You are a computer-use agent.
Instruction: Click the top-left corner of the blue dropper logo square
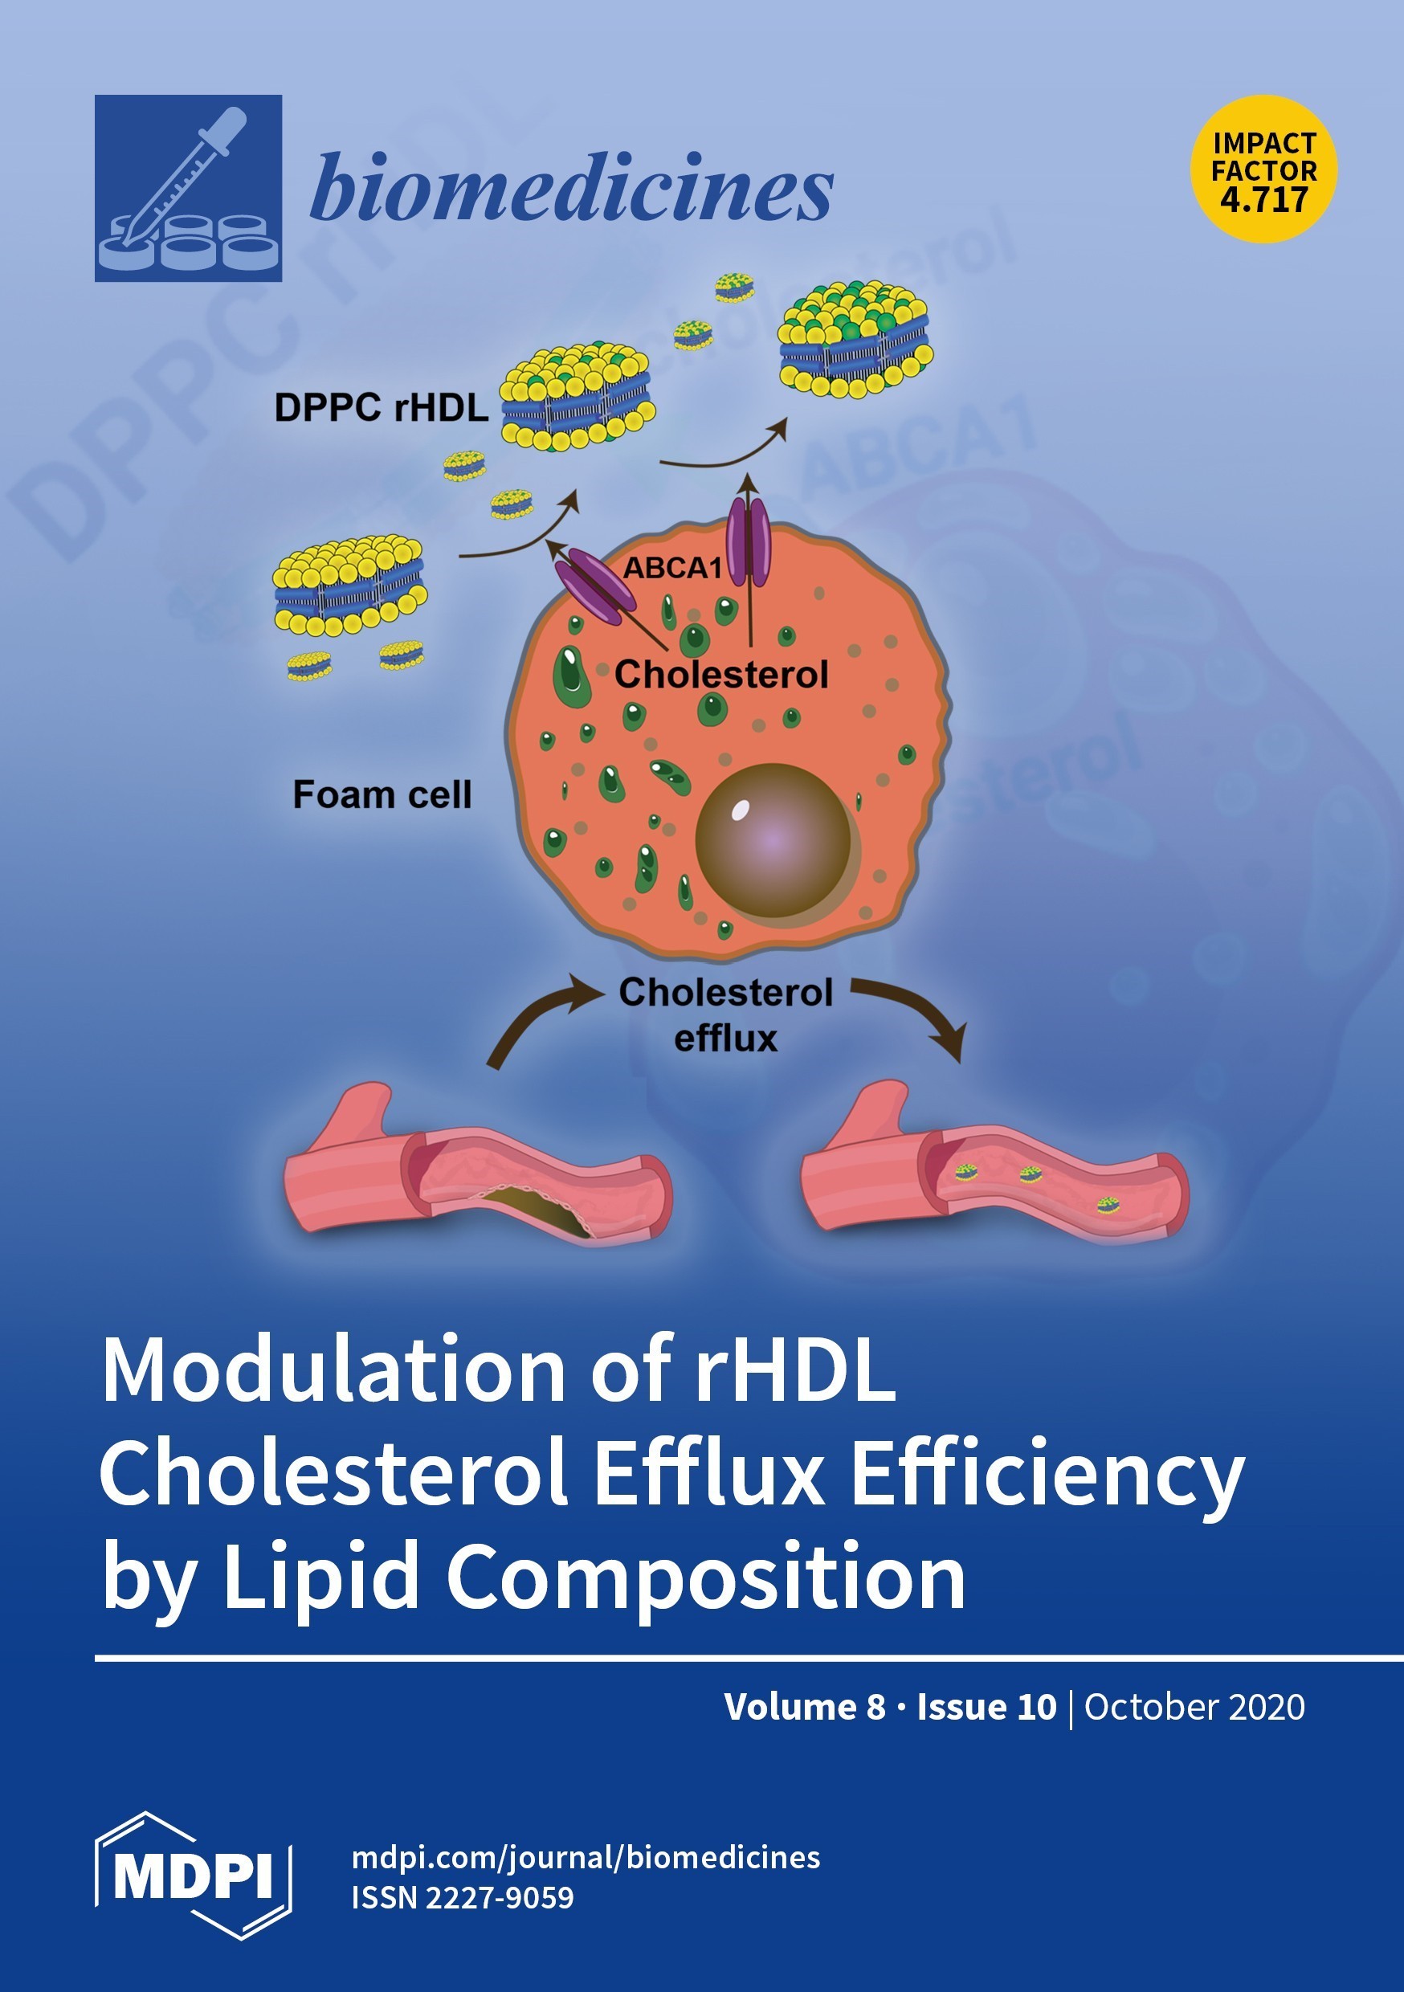(x=95, y=95)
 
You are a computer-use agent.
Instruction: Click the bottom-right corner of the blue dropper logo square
(x=282, y=282)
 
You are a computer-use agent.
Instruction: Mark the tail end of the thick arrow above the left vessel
(x=493, y=1065)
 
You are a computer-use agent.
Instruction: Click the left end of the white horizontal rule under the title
(x=96, y=1659)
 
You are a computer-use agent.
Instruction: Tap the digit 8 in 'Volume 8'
(x=875, y=1708)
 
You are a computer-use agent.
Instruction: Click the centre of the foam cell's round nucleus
(x=773, y=840)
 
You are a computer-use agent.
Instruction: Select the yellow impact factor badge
(x=1263, y=169)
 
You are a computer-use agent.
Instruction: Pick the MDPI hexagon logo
(x=193, y=1875)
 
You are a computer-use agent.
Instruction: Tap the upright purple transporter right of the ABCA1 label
(x=748, y=541)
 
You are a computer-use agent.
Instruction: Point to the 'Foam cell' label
(x=382, y=794)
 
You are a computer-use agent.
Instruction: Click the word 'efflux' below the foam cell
(x=725, y=1038)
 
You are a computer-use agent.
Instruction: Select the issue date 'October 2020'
(x=1194, y=1708)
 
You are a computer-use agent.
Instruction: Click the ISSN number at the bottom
(x=463, y=1897)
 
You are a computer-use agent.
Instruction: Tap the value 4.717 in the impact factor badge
(x=1263, y=199)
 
